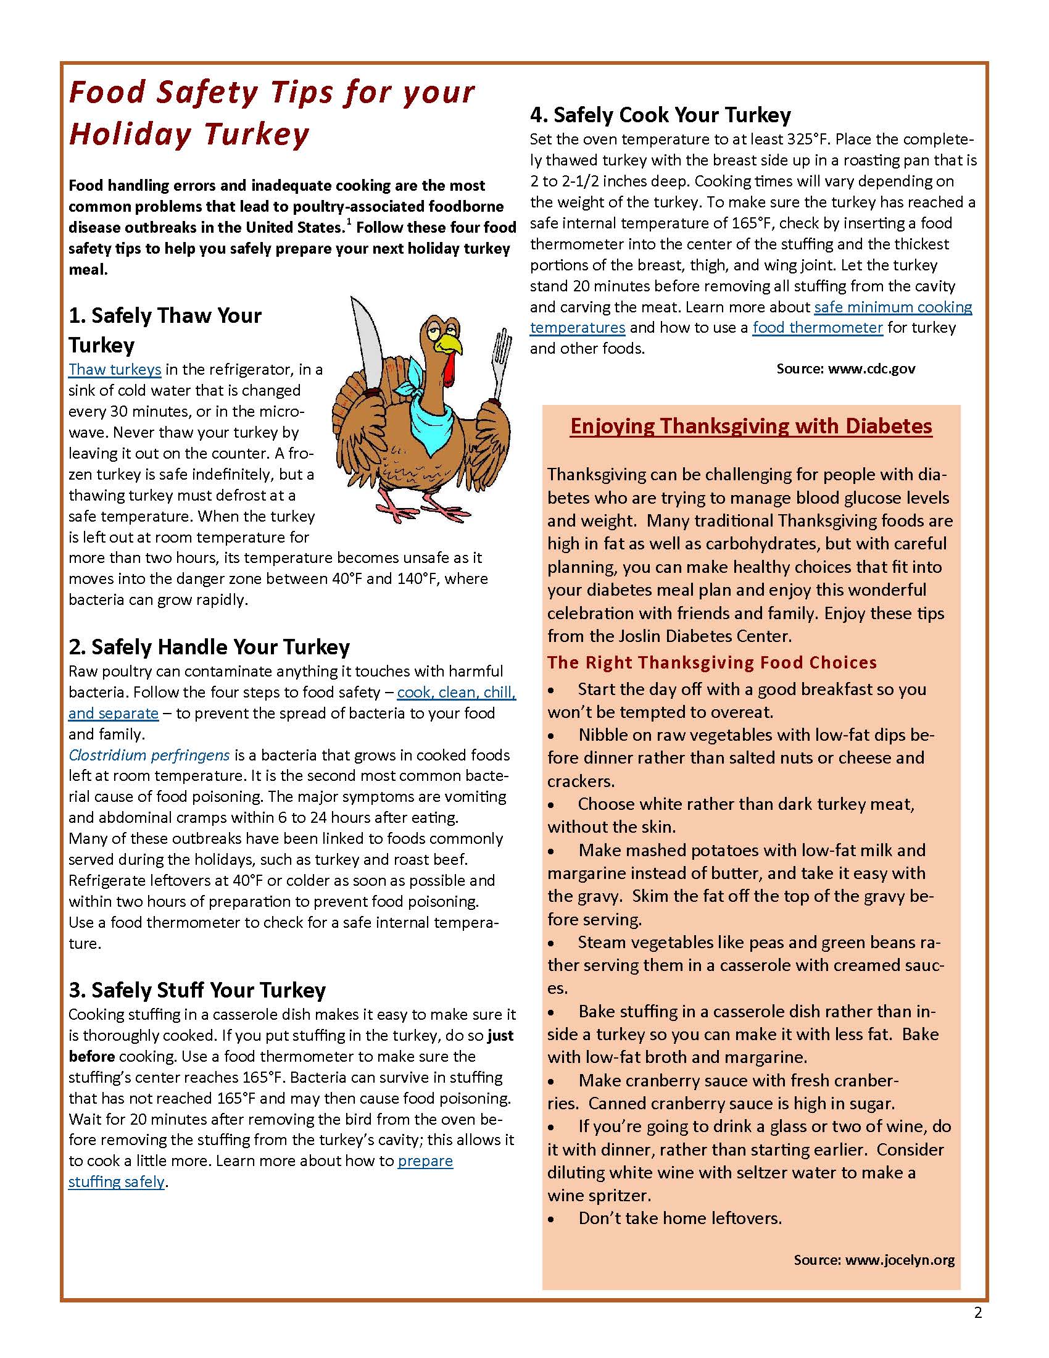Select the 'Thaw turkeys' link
[115, 369]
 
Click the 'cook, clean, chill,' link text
[456, 692]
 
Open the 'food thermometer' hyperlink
[817, 328]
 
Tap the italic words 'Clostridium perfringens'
[149, 755]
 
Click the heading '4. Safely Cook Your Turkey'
[660, 115]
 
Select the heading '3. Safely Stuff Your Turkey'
[197, 989]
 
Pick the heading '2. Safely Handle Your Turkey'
[209, 647]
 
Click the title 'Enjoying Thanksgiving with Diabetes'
[751, 426]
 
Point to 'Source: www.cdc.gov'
[846, 369]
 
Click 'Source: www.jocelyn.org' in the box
[874, 1260]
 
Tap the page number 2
[977, 1313]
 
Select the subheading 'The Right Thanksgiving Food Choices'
[711, 662]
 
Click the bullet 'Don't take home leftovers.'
[680, 1218]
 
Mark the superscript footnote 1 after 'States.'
[349, 222]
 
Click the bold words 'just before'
[501, 1036]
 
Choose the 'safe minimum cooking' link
[893, 307]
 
